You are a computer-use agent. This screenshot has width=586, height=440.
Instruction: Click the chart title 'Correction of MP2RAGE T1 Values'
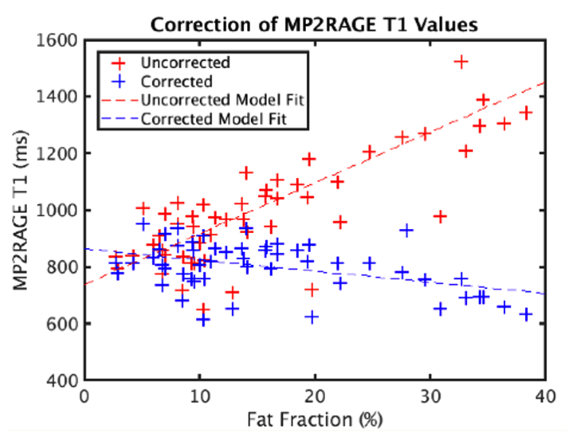tap(314, 24)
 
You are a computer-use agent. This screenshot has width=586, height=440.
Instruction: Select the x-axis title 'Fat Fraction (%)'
tap(314, 419)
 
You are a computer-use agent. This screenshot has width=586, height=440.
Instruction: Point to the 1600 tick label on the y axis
tap(59, 40)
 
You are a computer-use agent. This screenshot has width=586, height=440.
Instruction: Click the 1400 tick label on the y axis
tap(59, 96)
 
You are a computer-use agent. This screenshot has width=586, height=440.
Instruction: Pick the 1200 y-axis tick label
tap(59, 153)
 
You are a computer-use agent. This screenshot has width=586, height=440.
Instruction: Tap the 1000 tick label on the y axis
tap(59, 210)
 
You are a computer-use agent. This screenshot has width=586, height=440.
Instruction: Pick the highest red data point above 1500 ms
tap(461, 62)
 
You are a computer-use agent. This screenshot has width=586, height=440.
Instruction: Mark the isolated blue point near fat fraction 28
tap(407, 230)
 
